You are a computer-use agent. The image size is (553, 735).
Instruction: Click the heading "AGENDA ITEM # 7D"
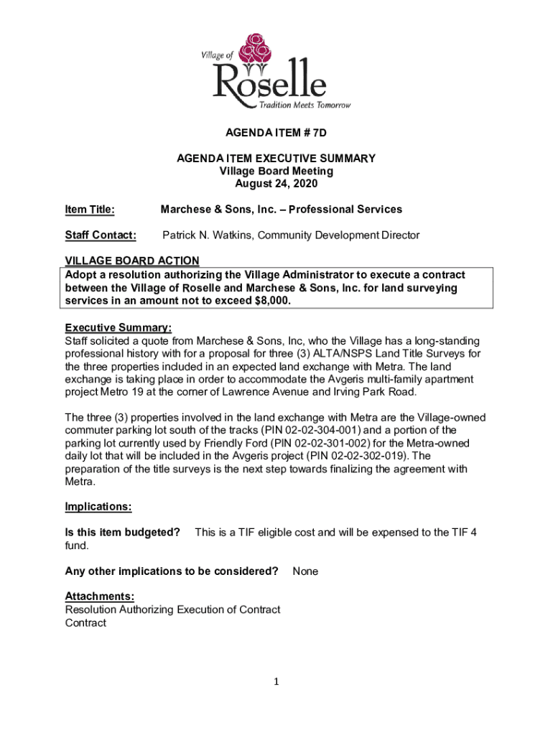coord(276,133)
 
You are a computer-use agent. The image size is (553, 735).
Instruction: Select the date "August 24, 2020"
coord(276,184)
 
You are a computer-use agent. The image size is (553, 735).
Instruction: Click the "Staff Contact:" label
coord(101,235)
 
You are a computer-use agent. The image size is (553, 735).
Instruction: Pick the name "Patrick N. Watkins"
coord(208,235)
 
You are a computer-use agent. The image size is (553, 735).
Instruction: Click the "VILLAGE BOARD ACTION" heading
coord(132,261)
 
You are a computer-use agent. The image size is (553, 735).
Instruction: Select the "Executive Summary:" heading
coord(118,327)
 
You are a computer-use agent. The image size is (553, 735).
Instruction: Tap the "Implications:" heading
coord(98,507)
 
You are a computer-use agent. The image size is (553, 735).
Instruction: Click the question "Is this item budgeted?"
coord(123,533)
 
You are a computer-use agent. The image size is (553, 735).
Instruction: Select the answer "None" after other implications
coord(305,571)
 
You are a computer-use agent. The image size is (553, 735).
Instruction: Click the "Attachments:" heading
coord(100,596)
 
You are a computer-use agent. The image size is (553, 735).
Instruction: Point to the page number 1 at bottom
coord(276,683)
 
